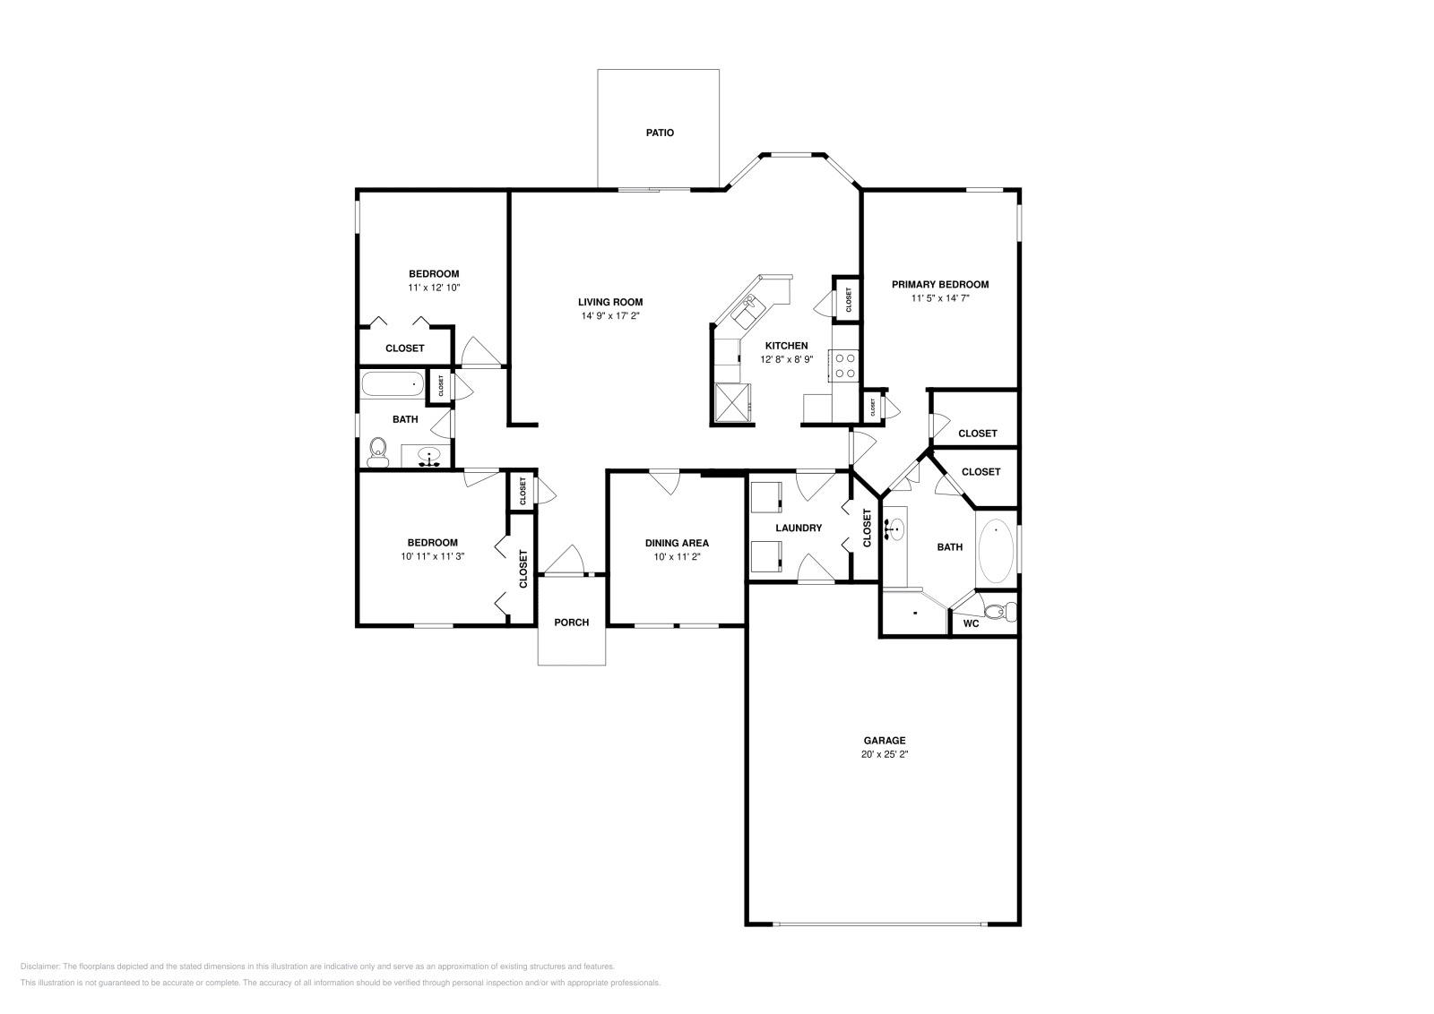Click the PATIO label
(x=660, y=133)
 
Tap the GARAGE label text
(x=884, y=741)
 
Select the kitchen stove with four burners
(x=844, y=365)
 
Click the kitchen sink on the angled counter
(x=747, y=310)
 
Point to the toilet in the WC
(x=998, y=612)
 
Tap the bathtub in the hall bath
(x=392, y=384)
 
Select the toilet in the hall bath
(x=377, y=451)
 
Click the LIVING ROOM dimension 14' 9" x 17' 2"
(x=609, y=315)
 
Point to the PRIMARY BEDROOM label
(x=940, y=285)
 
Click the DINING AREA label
(x=677, y=543)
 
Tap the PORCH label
(x=572, y=623)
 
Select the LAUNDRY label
(x=799, y=528)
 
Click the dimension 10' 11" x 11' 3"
(x=432, y=555)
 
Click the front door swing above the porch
(x=565, y=561)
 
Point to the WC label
(x=971, y=623)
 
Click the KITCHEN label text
(x=786, y=346)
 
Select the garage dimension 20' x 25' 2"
(x=884, y=754)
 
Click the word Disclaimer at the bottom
(x=39, y=967)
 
